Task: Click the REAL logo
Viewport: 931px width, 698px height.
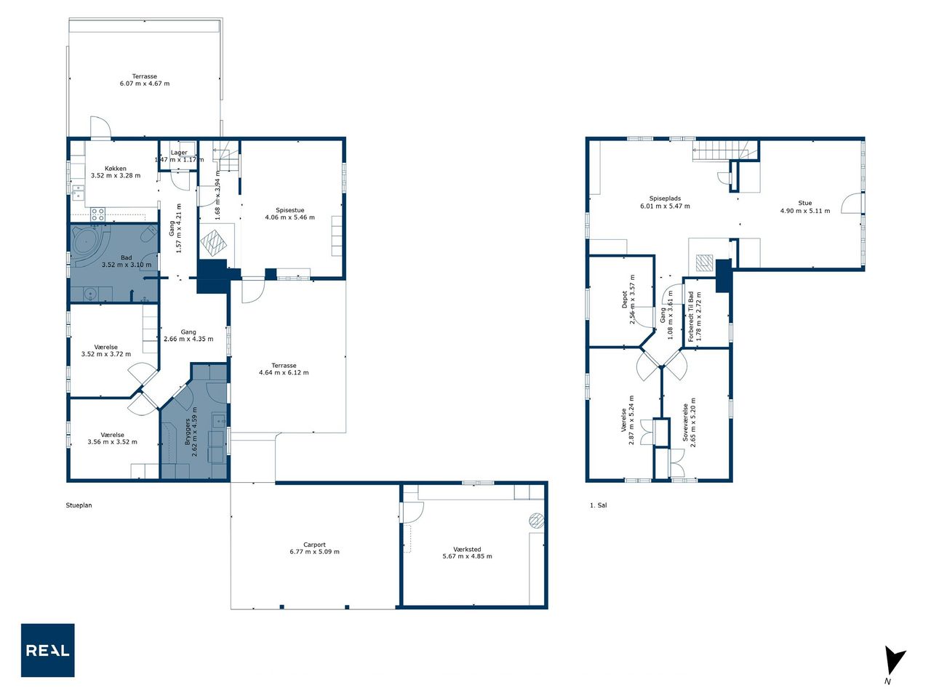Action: (x=47, y=650)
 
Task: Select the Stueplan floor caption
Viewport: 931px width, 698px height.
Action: (x=79, y=505)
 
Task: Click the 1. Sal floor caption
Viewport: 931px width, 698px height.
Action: (x=598, y=505)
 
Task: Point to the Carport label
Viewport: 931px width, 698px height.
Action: (x=314, y=545)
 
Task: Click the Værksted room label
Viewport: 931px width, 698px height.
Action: (x=467, y=549)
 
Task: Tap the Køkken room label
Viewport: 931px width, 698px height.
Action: (x=116, y=168)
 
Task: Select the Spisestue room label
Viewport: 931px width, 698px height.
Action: (x=289, y=210)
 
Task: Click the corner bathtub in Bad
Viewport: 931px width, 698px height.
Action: (x=88, y=245)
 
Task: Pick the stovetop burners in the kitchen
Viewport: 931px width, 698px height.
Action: (x=98, y=214)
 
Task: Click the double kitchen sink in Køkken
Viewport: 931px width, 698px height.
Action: (x=78, y=193)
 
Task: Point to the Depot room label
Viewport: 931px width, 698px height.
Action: (x=625, y=300)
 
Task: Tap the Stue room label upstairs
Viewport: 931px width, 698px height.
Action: (x=804, y=203)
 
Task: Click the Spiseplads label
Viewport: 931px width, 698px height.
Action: (x=665, y=198)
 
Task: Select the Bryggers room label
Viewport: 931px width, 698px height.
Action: (x=188, y=431)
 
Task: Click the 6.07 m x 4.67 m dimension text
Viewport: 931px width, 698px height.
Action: (x=145, y=84)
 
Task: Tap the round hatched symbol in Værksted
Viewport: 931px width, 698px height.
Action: (x=536, y=521)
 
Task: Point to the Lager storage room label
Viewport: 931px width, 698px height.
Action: (x=179, y=153)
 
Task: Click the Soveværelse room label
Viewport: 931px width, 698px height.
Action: (x=685, y=422)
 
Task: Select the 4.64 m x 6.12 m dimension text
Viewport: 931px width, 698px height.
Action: (x=284, y=372)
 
